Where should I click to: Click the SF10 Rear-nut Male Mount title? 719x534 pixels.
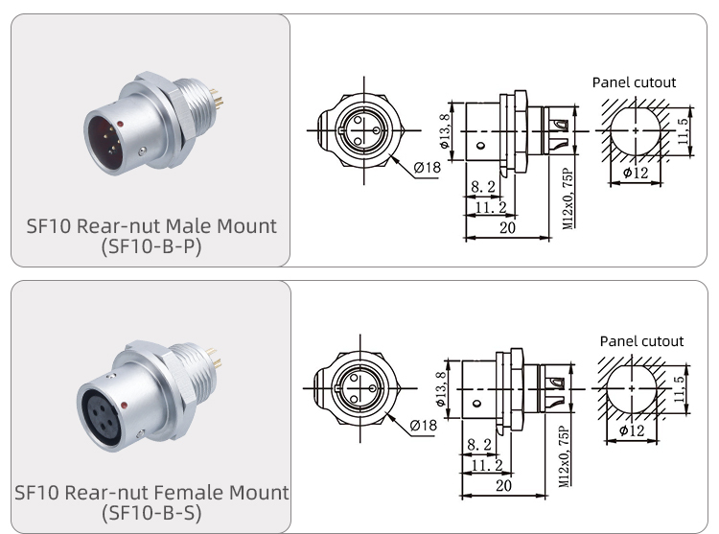(151, 226)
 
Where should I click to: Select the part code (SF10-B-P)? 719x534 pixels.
(151, 247)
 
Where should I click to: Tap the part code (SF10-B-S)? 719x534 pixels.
(151, 513)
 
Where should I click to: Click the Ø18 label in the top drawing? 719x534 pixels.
(427, 168)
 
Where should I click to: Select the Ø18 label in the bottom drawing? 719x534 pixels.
(424, 425)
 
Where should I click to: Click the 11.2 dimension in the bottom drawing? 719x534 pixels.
(487, 464)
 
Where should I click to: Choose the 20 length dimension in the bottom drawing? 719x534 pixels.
(504, 485)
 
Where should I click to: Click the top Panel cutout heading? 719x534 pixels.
(634, 82)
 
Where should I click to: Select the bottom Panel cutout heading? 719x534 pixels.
(641, 340)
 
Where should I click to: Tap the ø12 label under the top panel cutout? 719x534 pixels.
(635, 173)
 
